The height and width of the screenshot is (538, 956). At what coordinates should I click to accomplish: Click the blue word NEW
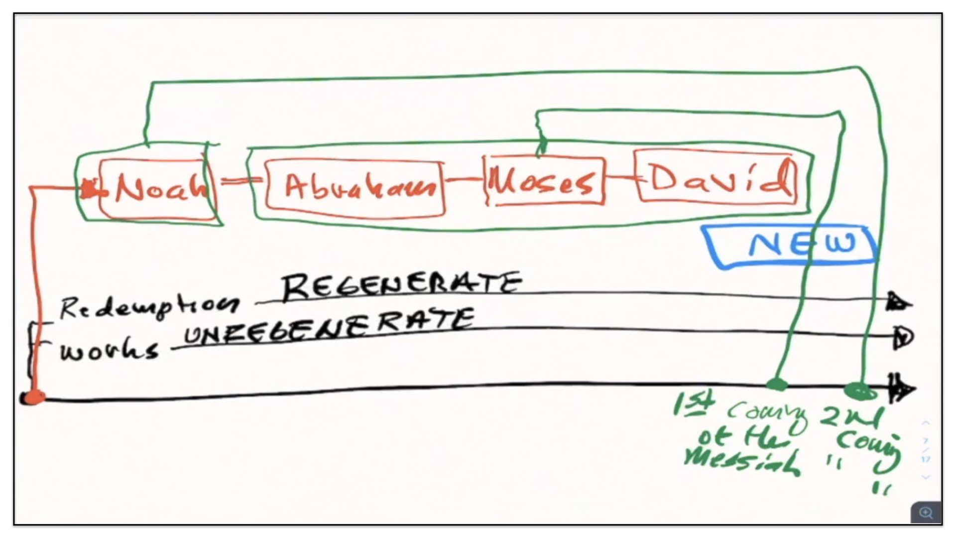[802, 245]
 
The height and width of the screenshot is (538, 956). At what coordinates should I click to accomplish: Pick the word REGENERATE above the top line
[401, 285]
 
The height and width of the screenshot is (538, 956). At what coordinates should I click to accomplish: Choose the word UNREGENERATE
[329, 326]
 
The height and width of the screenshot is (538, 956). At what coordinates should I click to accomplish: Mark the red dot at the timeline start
[34, 397]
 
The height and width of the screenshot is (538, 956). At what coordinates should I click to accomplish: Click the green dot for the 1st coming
[776, 384]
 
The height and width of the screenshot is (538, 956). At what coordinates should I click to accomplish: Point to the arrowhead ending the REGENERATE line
[898, 302]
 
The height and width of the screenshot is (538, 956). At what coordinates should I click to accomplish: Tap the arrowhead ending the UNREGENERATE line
[902, 338]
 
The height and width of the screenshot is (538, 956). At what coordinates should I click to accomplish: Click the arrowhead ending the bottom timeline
[902, 389]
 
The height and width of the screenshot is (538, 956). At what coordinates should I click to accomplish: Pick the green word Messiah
[742, 462]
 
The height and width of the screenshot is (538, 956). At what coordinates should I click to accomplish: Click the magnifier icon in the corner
[926, 513]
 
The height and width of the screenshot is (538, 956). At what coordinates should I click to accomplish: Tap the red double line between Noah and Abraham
[240, 180]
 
